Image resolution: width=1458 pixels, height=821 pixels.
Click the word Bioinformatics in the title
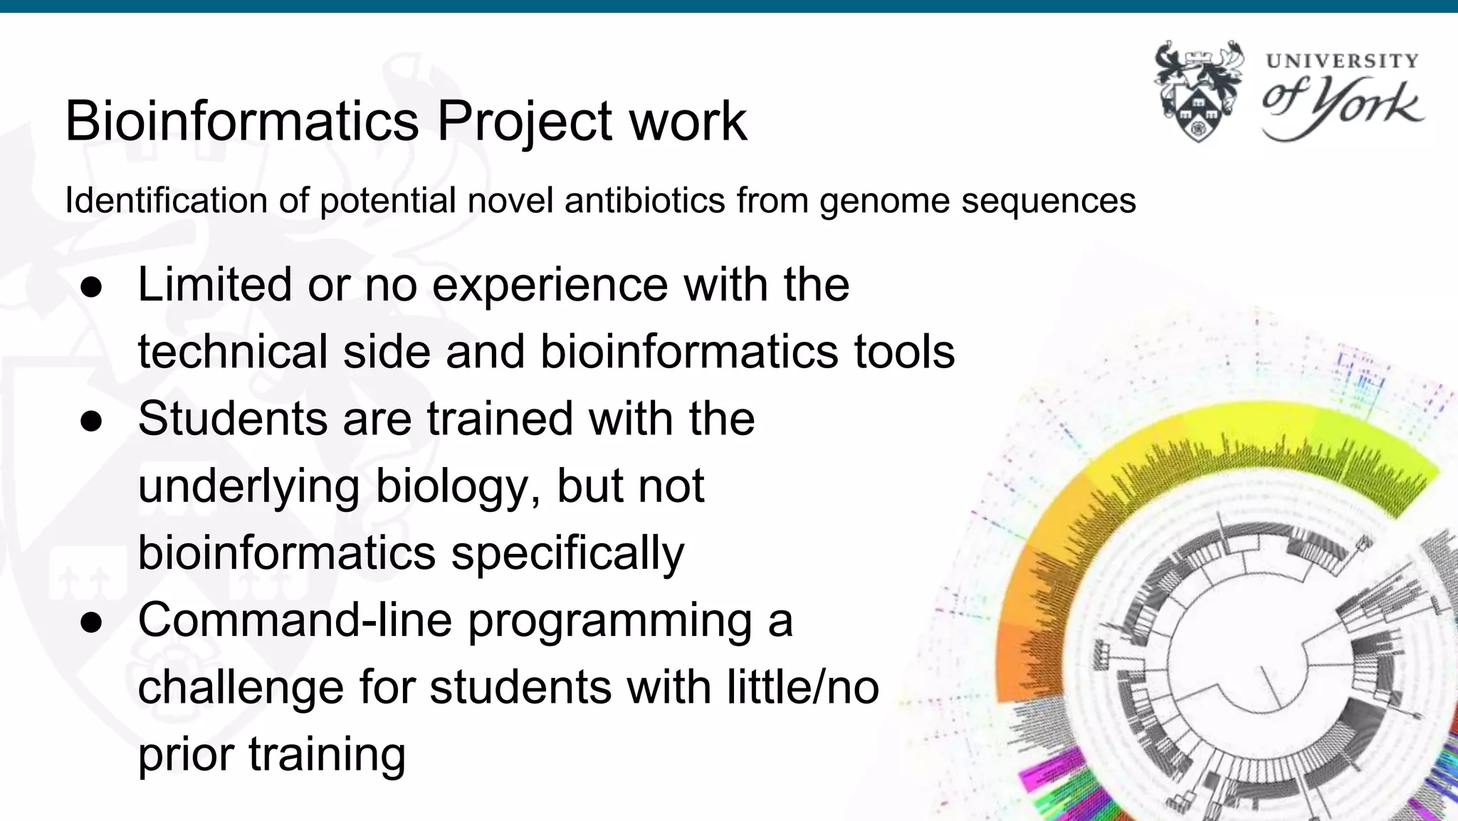tap(241, 121)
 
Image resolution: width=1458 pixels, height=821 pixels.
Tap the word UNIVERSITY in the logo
tap(1342, 61)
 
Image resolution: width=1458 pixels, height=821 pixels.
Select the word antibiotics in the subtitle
tap(644, 200)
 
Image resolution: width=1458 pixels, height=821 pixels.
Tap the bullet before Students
tap(92, 421)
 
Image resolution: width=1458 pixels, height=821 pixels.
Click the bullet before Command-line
tap(92, 622)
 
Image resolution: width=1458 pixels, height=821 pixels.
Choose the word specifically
tap(567, 554)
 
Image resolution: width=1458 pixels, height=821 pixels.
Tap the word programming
tap(609, 621)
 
